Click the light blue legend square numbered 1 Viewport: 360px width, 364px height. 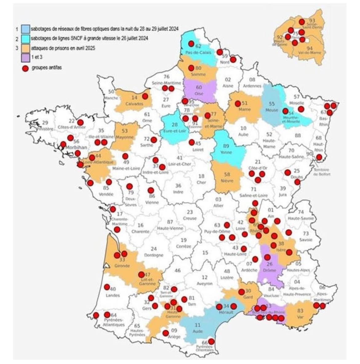point(25,29)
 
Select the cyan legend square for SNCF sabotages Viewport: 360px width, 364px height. point(25,39)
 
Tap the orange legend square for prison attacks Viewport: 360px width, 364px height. point(25,48)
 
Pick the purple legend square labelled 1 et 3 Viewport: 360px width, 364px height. point(25,58)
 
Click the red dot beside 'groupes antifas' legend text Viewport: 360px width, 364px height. point(26,68)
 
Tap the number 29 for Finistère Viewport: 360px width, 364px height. point(45,122)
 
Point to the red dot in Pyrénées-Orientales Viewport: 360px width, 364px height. point(211,341)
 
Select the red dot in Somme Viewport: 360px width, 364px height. point(191,68)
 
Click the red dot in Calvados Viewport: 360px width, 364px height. point(145,96)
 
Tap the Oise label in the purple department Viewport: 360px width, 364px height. point(199,93)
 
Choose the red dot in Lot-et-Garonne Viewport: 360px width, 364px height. point(141,274)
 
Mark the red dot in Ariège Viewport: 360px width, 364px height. point(166,333)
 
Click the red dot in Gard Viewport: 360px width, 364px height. point(242,291)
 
